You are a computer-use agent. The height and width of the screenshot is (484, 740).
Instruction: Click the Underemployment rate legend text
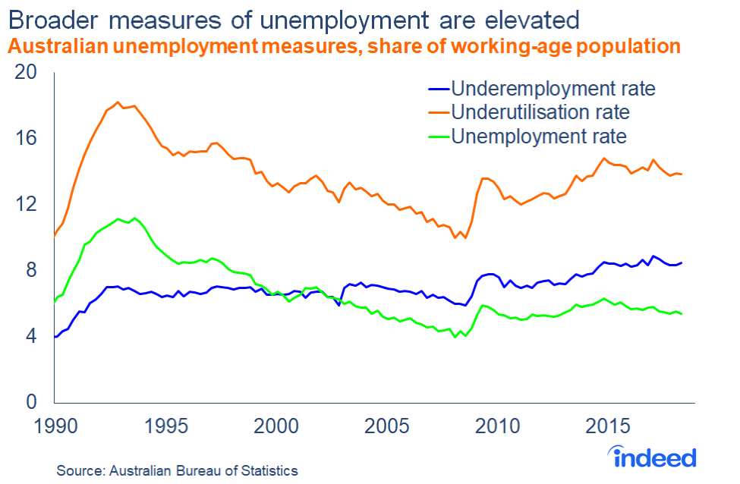(552, 88)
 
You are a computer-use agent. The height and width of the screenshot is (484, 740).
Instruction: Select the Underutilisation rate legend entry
(540, 112)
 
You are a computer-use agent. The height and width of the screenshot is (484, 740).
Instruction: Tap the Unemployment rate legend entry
(538, 137)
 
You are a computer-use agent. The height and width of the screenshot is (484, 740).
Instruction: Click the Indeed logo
(653, 457)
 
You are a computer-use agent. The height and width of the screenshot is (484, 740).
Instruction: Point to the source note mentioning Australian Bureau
(178, 470)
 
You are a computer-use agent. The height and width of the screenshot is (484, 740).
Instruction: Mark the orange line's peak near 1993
(118, 102)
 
